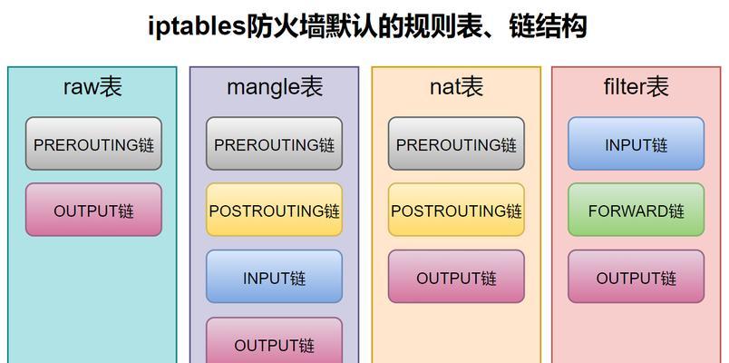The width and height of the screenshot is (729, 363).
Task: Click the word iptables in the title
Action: click(196, 26)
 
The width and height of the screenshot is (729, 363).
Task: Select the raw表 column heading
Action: click(92, 87)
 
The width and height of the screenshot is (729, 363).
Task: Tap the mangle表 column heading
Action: click(275, 87)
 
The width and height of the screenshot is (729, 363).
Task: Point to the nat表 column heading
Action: click(457, 87)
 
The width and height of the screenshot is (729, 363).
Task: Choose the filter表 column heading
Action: click(636, 87)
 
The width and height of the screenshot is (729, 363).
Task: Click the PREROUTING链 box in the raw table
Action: click(93, 143)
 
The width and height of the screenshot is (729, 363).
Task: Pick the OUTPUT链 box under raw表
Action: click(93, 210)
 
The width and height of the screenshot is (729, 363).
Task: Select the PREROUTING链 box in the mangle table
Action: click(275, 143)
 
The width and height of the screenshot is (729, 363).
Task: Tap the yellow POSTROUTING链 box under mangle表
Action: click(275, 210)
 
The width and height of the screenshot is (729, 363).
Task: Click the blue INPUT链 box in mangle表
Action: click(275, 277)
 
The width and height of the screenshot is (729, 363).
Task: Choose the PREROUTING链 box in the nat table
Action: click(456, 143)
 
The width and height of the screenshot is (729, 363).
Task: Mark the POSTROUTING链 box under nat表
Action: click(456, 210)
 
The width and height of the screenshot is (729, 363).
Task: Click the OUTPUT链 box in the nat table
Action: click(456, 277)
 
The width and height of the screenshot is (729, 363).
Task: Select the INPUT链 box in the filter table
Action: click(636, 143)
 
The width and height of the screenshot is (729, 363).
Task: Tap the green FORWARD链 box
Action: click(636, 210)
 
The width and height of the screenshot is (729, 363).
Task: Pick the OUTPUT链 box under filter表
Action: click(636, 277)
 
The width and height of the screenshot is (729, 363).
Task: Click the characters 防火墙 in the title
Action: click(284, 26)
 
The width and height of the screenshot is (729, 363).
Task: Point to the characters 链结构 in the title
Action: click(549, 26)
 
